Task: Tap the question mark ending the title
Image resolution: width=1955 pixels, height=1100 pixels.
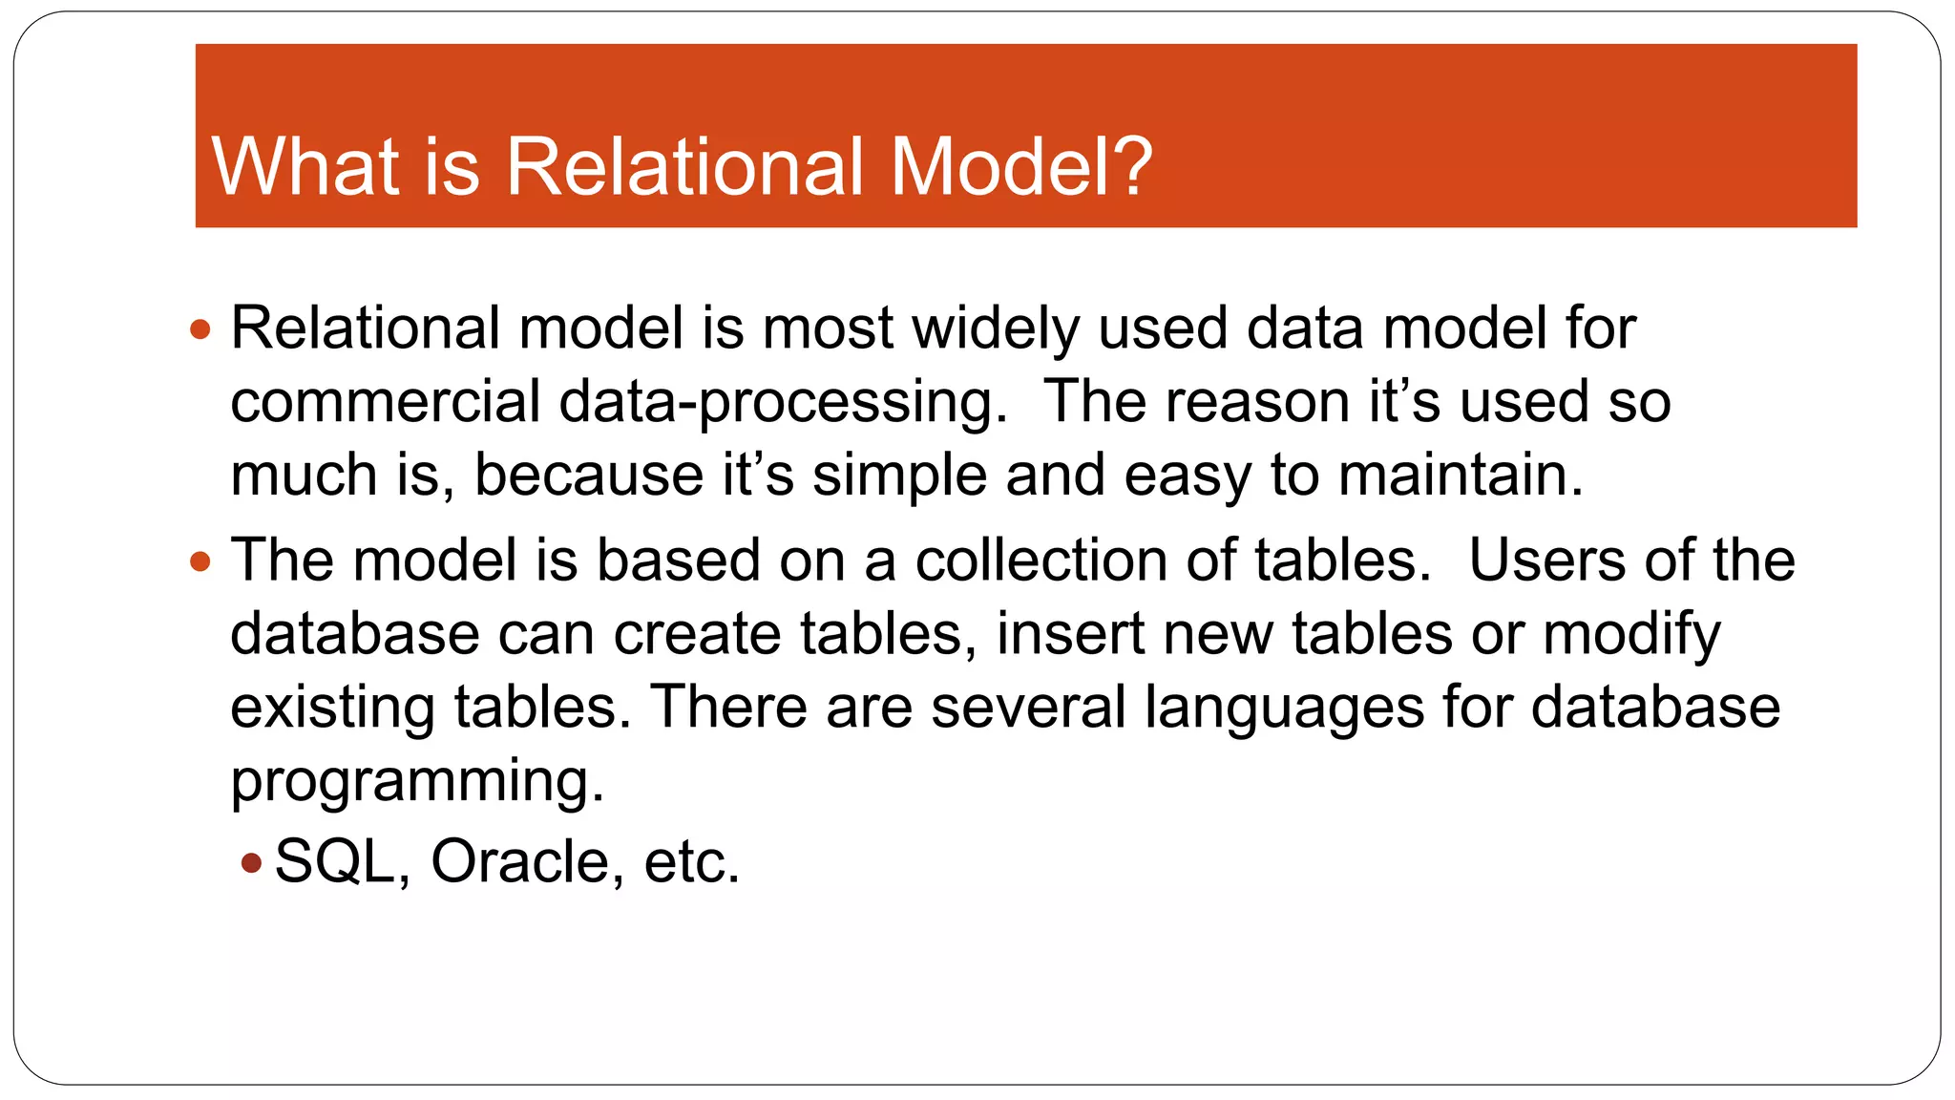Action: pyautogui.click(x=1132, y=167)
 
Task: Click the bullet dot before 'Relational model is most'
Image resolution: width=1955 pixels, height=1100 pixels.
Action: pyautogui.click(x=200, y=330)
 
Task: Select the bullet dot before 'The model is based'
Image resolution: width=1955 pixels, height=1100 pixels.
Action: pyautogui.click(x=200, y=561)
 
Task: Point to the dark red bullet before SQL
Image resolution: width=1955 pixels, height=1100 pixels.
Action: pyautogui.click(x=251, y=864)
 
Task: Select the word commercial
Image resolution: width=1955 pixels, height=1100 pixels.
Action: pyautogui.click(x=385, y=402)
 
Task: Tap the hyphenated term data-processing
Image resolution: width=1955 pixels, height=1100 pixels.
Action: pyautogui.click(x=782, y=402)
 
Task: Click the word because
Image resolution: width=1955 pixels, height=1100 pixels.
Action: pyautogui.click(x=588, y=476)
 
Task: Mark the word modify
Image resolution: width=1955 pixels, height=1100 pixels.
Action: pyautogui.click(x=1631, y=634)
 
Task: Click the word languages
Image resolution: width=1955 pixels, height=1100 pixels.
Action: pyautogui.click(x=1284, y=708)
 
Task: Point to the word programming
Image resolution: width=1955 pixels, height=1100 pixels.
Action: pyautogui.click(x=417, y=781)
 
